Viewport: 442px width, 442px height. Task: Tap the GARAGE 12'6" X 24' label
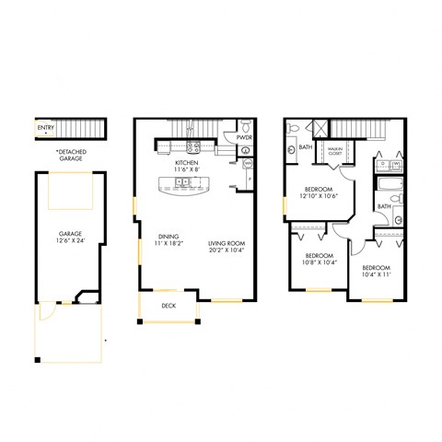[x=69, y=238]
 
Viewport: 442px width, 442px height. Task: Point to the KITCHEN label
[x=188, y=163]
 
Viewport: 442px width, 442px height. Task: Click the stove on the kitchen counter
[x=194, y=145]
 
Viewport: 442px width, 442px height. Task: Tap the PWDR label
[x=244, y=137]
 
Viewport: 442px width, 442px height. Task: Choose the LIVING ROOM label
[x=226, y=235]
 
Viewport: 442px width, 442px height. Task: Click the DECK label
[x=169, y=305]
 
